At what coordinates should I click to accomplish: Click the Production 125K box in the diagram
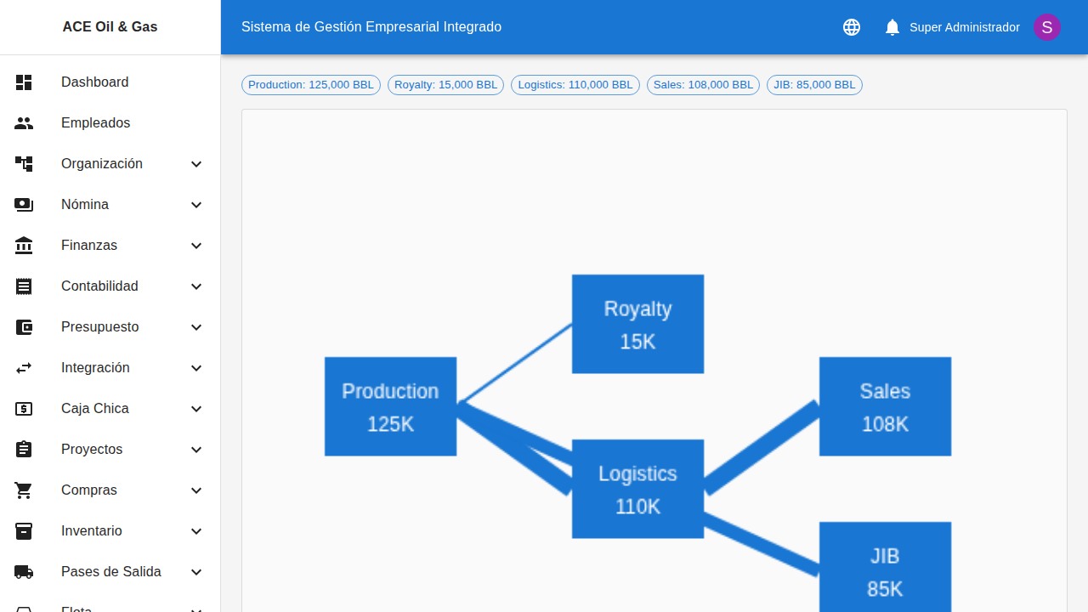(x=390, y=406)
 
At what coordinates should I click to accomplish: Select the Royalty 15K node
(x=637, y=324)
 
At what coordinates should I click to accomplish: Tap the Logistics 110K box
(x=637, y=489)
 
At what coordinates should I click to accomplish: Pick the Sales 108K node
(x=885, y=406)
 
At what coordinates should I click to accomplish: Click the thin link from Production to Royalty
(x=515, y=364)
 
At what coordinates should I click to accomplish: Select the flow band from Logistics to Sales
(x=762, y=447)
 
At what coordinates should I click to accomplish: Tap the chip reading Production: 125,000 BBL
(x=311, y=85)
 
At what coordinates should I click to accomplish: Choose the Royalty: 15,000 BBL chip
(x=445, y=85)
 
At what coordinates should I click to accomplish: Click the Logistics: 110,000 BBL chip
(x=575, y=85)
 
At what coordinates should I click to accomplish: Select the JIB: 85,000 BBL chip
(x=814, y=85)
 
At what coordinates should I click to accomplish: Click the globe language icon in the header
(x=852, y=27)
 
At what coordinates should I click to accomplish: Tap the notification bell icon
(x=892, y=27)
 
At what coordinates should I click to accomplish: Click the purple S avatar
(x=1047, y=27)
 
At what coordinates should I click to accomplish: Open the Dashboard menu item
(x=95, y=82)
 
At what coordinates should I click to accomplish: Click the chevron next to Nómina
(x=196, y=205)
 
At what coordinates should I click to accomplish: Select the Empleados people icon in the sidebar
(x=24, y=123)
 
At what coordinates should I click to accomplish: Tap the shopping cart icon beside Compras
(x=24, y=490)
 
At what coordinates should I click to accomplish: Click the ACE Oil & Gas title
(x=110, y=27)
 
